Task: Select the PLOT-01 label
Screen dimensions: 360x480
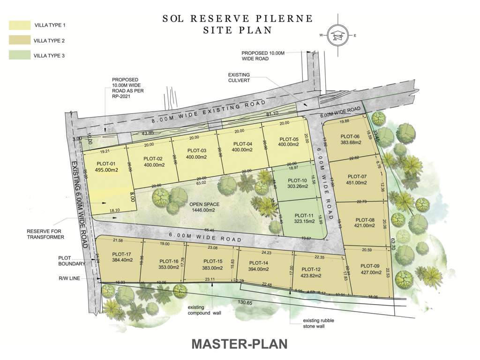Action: tap(106, 164)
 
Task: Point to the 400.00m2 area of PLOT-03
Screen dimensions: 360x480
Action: tap(197, 157)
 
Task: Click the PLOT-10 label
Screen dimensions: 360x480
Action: tap(297, 180)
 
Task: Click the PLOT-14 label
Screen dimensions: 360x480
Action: tap(259, 263)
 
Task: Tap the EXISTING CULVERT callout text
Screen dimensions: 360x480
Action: tap(239, 77)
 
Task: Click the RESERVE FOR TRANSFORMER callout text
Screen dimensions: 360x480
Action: tap(45, 234)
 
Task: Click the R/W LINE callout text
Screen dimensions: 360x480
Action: tap(69, 278)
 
